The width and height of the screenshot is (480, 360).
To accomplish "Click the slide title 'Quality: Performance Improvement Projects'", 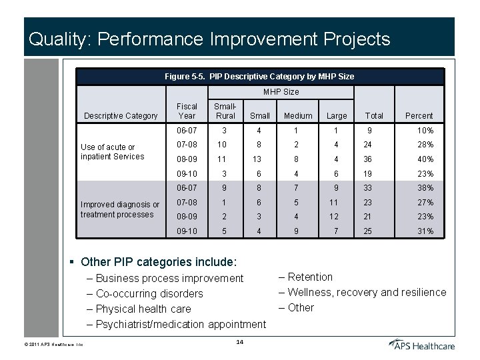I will (x=209, y=39).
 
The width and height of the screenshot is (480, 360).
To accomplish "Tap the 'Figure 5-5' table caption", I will (x=259, y=77).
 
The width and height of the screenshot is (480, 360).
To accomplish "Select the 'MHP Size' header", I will (x=281, y=91).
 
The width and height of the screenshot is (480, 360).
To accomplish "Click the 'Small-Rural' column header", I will (x=225, y=111).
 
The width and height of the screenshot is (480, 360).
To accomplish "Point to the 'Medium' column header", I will (x=298, y=115).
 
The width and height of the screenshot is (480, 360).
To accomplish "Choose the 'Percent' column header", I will (x=419, y=115).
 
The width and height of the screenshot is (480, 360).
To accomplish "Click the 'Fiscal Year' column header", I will (x=187, y=111).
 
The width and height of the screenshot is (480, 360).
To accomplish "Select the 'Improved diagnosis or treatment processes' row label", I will (x=119, y=209).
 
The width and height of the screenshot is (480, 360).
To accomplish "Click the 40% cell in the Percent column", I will (x=425, y=159).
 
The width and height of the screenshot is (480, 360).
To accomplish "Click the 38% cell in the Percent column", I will (x=425, y=188).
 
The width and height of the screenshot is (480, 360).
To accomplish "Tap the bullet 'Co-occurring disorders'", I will (x=149, y=293).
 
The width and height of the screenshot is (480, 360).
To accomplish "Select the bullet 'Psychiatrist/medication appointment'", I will (x=181, y=324).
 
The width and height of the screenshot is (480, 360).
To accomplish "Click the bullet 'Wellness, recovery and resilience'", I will (x=367, y=292).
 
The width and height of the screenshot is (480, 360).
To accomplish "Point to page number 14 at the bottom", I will (x=240, y=342).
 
